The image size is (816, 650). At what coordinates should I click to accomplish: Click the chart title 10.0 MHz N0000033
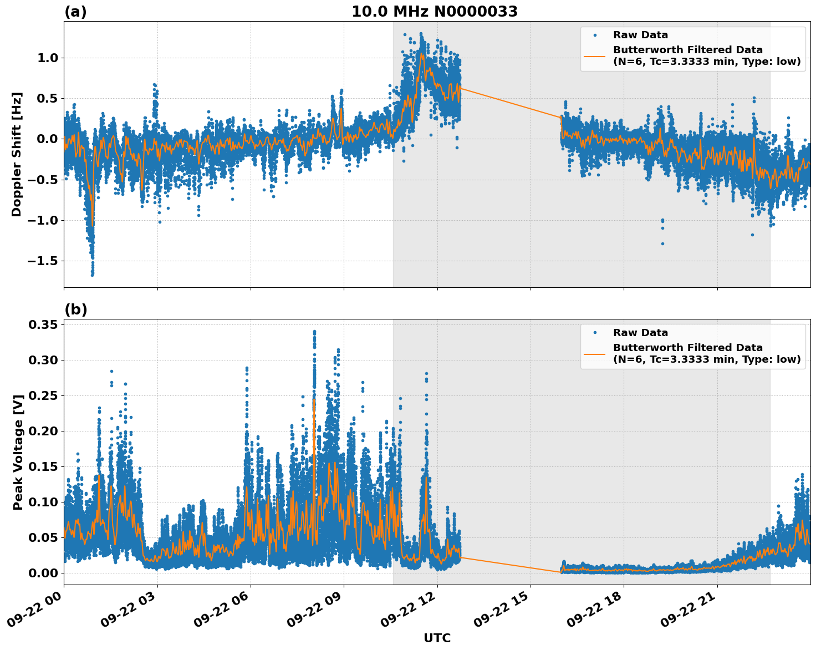(434, 12)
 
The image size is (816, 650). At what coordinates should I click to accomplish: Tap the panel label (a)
(75, 12)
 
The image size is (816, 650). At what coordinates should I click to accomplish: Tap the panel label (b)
(75, 309)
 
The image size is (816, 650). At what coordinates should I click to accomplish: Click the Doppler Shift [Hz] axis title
(17, 154)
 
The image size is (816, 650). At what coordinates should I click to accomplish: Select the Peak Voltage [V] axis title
(18, 452)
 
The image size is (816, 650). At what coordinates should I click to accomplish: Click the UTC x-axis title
(437, 638)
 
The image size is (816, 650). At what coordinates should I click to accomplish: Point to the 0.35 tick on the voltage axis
(43, 324)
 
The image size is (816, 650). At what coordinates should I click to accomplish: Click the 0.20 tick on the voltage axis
(43, 431)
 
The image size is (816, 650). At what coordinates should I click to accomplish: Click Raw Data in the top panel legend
(640, 35)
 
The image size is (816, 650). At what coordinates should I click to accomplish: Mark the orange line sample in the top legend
(594, 55)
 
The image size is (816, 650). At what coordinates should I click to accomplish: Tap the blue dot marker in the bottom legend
(594, 333)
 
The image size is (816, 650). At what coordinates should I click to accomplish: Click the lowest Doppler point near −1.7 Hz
(92, 275)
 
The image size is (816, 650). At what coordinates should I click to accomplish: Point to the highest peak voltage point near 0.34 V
(314, 332)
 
